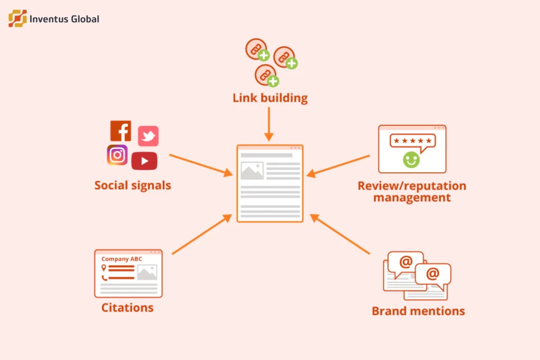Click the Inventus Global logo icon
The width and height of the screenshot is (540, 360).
tap(17, 18)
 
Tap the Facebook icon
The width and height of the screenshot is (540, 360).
tap(121, 131)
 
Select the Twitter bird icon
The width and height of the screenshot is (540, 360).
tap(148, 136)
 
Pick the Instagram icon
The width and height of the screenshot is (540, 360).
tap(117, 155)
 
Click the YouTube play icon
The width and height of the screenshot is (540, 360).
tap(144, 161)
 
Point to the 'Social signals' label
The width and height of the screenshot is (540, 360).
tap(133, 186)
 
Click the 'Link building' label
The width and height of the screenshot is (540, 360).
tap(270, 98)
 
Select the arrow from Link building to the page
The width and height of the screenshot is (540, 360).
tap(269, 124)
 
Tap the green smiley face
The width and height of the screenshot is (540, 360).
tap(411, 160)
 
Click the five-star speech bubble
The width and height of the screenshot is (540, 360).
tap(412, 142)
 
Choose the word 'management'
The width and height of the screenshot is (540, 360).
tap(412, 198)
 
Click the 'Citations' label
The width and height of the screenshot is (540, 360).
tap(128, 308)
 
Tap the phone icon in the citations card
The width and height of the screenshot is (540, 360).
tap(104, 278)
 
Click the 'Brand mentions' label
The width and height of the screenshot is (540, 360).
tap(418, 311)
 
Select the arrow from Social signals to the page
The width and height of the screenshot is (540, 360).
tap(201, 165)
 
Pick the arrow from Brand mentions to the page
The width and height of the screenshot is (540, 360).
tap(340, 234)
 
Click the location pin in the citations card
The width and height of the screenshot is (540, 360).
tap(104, 268)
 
